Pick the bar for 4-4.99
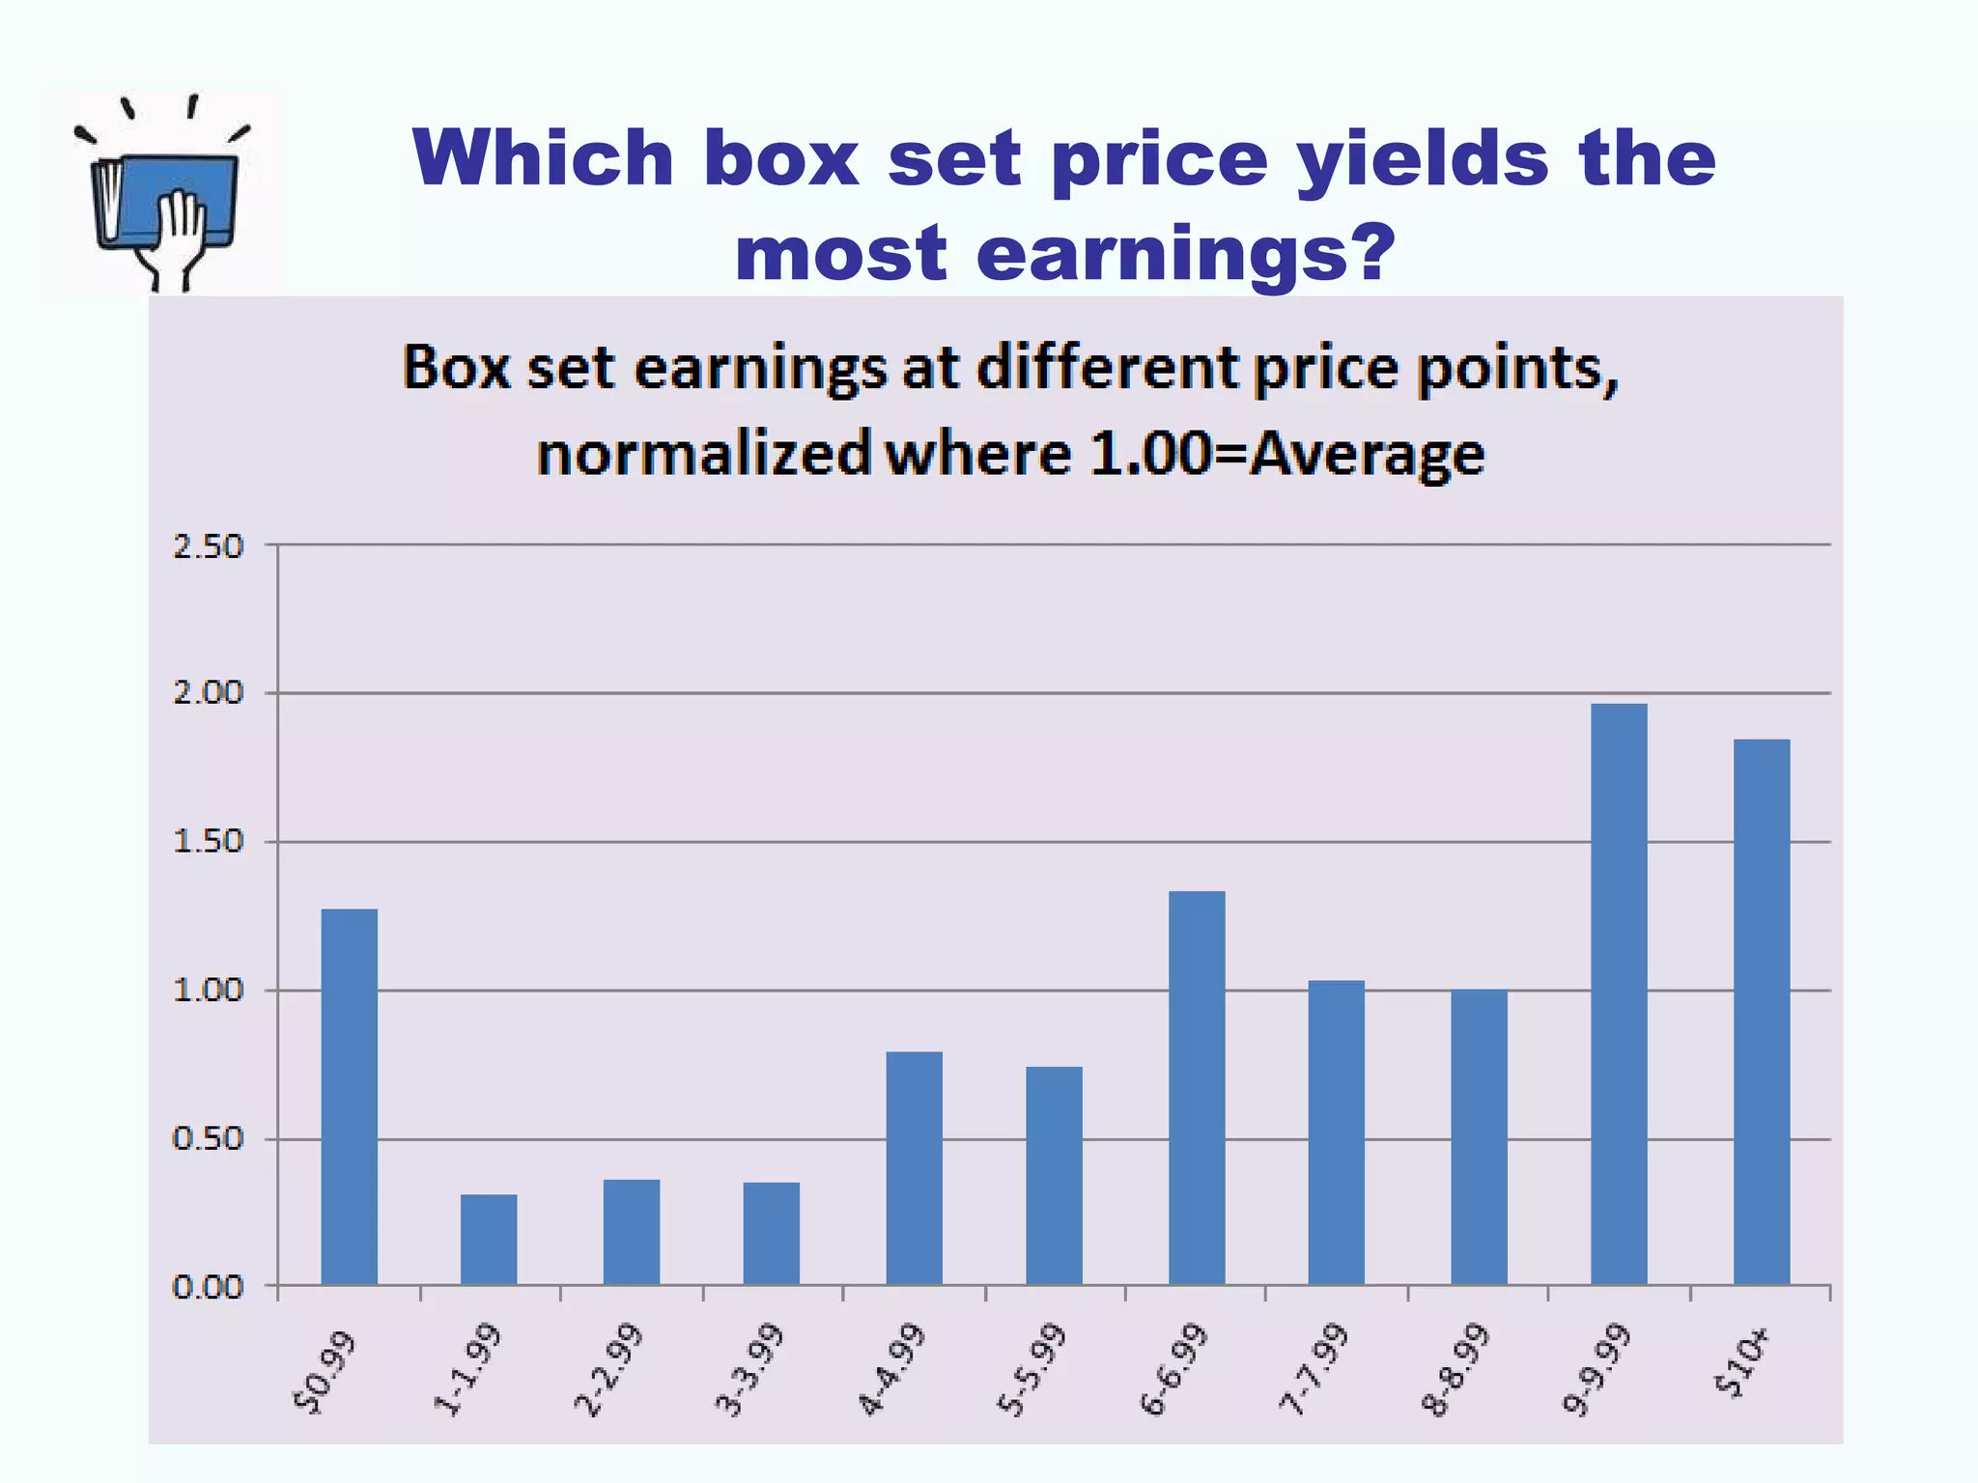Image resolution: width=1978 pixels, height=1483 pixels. (x=914, y=1167)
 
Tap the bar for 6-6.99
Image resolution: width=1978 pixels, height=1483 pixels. (x=1197, y=1087)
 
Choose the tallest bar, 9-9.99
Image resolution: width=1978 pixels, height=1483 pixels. (x=1619, y=993)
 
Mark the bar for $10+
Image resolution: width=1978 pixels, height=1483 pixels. (x=1762, y=1011)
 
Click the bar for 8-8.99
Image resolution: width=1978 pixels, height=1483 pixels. (x=1479, y=1136)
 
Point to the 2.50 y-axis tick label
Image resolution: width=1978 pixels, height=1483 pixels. (x=208, y=546)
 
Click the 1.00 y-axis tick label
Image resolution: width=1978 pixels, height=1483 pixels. (x=208, y=991)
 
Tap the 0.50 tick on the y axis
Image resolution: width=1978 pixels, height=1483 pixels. (x=208, y=1139)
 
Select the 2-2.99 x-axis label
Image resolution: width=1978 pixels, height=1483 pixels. (x=608, y=1370)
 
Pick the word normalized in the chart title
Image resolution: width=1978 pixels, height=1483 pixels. (x=704, y=454)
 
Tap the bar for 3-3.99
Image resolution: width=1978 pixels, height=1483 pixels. (x=771, y=1233)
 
